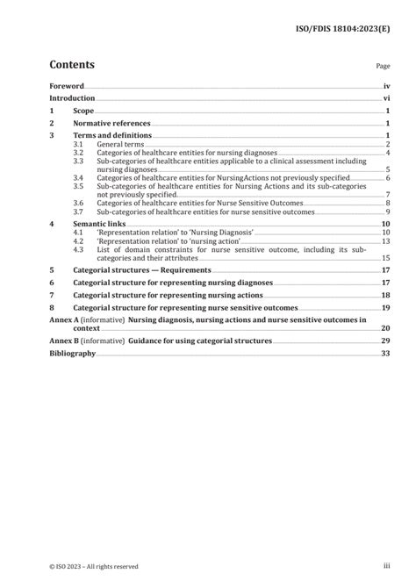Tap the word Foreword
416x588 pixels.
(x=66, y=87)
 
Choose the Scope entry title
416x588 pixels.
(x=83, y=112)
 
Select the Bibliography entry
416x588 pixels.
(x=71, y=354)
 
